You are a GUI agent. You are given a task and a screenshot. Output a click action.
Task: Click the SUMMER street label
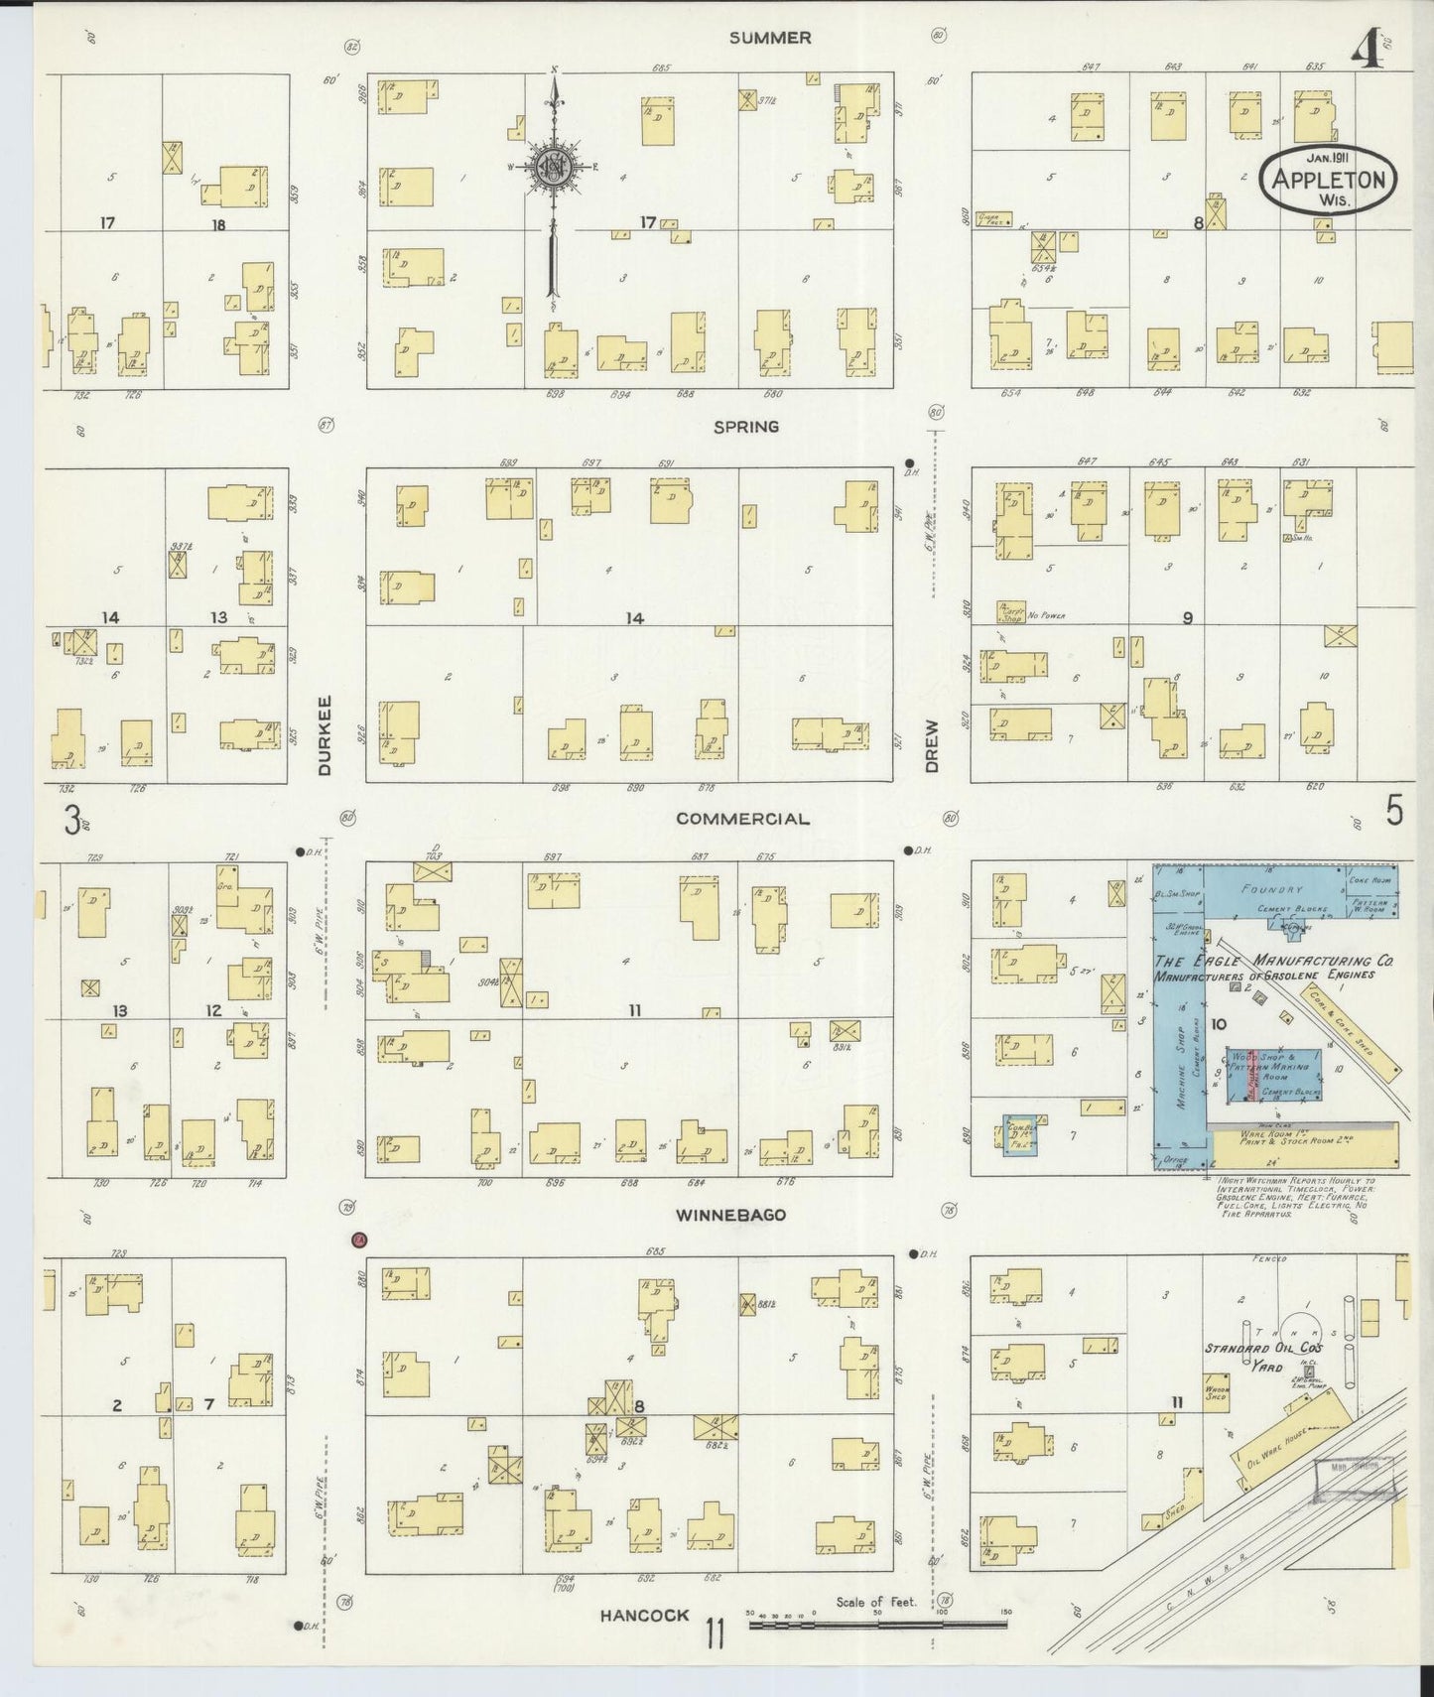pos(769,38)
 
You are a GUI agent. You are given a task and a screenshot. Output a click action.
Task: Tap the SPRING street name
pos(746,427)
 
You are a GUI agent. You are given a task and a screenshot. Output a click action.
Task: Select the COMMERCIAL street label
pos(742,819)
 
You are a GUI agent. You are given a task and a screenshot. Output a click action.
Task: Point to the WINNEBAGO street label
pos(731,1215)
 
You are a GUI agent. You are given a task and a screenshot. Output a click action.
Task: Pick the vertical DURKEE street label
pos(325,734)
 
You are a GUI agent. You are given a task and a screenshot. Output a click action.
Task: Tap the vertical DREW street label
pos(931,746)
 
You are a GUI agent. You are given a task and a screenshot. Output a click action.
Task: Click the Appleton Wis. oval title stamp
pos(1327,179)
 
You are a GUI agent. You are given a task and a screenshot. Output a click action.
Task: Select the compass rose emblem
pos(552,168)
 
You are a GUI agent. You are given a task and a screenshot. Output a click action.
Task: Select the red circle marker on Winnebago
pos(359,1239)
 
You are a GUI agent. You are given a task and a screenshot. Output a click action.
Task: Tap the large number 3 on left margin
pos(71,820)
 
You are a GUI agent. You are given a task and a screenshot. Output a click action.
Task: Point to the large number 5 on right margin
pos(1394,812)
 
